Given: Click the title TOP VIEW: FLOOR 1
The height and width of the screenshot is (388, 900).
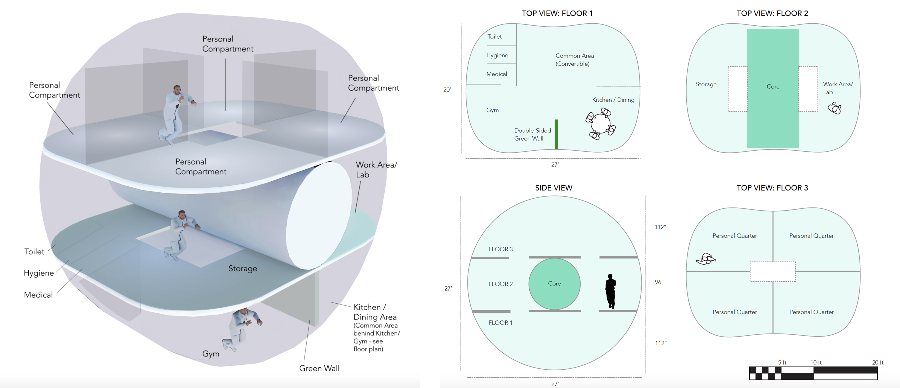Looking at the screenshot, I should coord(557,13).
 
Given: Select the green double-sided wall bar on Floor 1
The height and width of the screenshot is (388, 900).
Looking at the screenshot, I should coord(556,134).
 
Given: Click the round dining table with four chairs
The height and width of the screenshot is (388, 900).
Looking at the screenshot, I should coord(600,124).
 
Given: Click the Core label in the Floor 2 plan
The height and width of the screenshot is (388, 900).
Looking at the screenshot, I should coord(773,86).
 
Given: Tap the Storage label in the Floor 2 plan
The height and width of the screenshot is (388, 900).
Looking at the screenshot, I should coord(706,84).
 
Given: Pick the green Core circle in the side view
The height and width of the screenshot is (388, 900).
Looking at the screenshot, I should coord(554,283).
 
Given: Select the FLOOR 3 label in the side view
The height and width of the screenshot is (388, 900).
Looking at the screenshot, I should coord(500,249).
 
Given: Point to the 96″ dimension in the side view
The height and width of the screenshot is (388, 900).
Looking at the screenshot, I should coord(659,282).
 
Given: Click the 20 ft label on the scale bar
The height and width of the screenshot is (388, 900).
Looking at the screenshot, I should coord(877,362).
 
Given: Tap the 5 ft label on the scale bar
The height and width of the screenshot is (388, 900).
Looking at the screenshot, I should coord(782,362).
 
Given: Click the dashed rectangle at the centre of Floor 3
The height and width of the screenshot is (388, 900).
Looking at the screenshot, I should coord(772,271).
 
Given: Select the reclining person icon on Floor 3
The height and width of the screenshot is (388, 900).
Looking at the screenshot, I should coord(706,259).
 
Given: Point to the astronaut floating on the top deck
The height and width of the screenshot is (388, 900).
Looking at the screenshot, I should coord(175,113).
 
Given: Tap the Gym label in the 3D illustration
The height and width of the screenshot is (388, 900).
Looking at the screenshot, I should coord(211,354).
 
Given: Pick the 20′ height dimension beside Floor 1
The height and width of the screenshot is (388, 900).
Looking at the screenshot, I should coord(447,90).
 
